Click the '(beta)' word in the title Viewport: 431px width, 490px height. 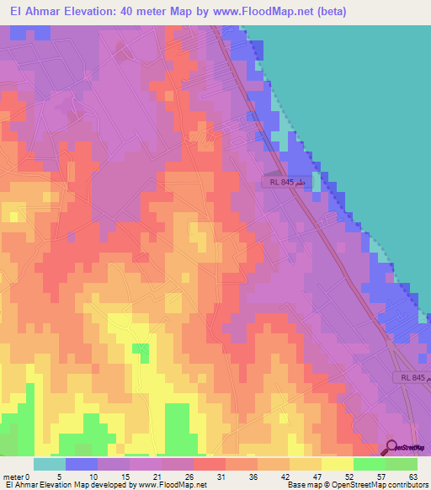coord(327,12)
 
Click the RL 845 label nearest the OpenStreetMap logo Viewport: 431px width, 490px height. coord(412,379)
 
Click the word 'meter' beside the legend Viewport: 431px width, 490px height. coord(13,476)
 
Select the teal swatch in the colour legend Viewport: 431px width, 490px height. coord(50,464)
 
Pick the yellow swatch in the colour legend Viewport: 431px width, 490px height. coord(338,464)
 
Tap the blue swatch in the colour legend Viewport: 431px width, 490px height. coord(82,464)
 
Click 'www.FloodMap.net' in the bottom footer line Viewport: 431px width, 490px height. coord(173,485)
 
